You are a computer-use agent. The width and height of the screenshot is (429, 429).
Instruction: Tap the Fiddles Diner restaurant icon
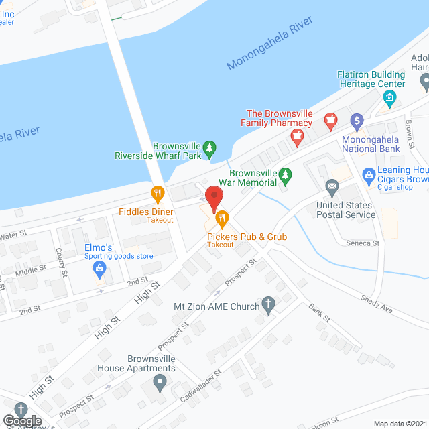pos(158,195)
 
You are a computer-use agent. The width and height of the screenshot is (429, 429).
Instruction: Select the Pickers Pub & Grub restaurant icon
pos(222,218)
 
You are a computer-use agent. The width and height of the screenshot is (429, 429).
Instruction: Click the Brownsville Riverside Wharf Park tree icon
pos(210,147)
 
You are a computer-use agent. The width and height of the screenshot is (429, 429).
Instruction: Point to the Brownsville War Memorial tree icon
pos(286,175)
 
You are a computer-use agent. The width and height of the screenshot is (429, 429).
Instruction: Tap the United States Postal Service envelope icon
pos(331,186)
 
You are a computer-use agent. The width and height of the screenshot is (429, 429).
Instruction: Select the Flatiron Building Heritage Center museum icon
pos(389,100)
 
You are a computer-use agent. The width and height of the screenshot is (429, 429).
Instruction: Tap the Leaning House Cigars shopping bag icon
pos(368,176)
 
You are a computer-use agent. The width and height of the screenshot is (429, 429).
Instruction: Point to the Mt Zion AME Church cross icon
pos(268,306)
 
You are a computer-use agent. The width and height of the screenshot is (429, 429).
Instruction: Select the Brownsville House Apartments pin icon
pos(160,383)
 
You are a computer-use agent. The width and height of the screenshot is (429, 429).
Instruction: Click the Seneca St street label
pos(363,243)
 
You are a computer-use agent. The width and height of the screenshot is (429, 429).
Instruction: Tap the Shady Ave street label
pos(377,306)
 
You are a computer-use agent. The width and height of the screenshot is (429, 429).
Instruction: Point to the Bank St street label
pos(319,313)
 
